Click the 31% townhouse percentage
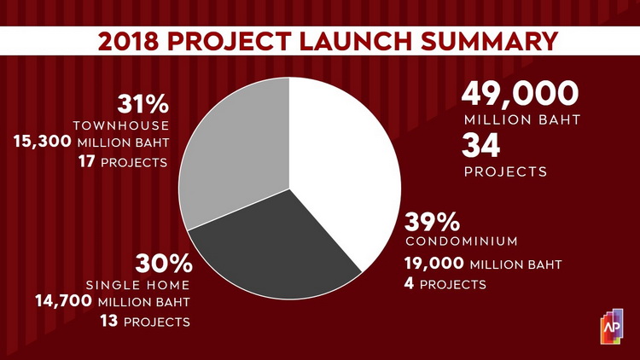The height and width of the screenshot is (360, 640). coord(143,104)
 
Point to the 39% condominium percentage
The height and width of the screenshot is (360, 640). coord(432,222)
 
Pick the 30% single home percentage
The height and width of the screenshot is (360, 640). coord(164,264)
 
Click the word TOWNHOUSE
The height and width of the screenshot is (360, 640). coord(121,125)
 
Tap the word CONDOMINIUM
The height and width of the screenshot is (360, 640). coord(462,241)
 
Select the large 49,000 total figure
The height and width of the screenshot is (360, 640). coord(520,94)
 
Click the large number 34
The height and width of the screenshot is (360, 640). coord(480,146)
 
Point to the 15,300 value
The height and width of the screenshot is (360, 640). coord(43,142)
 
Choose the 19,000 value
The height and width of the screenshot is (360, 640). coord(433,264)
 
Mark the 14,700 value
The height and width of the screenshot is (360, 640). coord(64,301)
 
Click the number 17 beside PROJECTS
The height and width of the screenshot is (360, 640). coord(87,161)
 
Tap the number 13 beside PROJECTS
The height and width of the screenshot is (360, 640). coord(109,321)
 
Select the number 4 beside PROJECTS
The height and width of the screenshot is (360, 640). coord(409,283)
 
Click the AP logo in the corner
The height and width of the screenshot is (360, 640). coord(612,327)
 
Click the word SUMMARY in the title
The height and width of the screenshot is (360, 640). coord(490,41)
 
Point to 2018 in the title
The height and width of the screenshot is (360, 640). coord(128,41)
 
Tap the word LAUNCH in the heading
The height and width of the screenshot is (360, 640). coord(356,41)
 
